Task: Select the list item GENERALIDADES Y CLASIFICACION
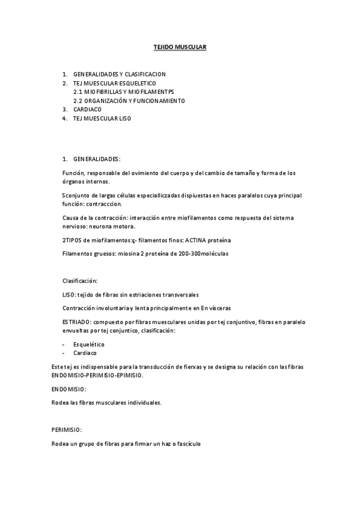119,74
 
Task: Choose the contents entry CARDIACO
87,110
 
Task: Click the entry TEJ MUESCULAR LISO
102,119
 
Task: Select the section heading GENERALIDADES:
97,159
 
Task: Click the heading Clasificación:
80,281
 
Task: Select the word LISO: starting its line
69,295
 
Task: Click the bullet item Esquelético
89,345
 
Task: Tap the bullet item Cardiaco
85,353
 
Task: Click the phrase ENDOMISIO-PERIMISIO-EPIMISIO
97,375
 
